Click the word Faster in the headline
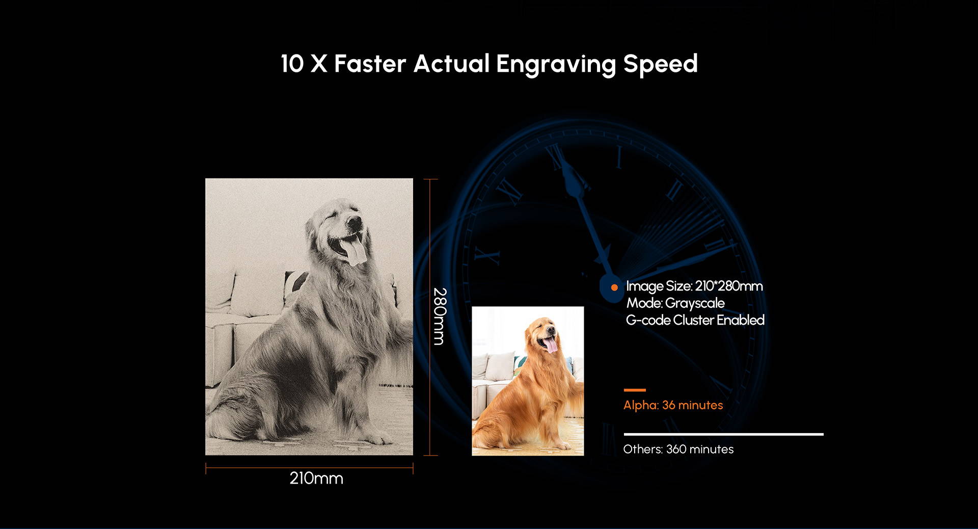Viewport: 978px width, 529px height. tap(370, 64)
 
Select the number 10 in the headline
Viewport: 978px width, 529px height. tap(292, 64)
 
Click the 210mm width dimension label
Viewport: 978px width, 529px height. tap(316, 479)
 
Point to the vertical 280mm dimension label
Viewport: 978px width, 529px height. tap(440, 316)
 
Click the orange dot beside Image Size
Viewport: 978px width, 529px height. tap(614, 287)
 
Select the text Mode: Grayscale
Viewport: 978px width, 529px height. tap(675, 303)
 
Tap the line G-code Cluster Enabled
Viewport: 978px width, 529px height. tap(695, 320)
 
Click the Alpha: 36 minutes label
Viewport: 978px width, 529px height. tap(673, 405)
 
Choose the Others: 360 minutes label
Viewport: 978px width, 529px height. tap(678, 449)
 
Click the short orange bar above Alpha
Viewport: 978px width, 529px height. tap(635, 390)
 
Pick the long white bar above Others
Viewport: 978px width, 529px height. tap(723, 434)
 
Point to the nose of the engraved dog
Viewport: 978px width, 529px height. tap(354, 221)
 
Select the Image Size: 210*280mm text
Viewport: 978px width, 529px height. tap(694, 286)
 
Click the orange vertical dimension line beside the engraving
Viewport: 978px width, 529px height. tap(430, 317)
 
